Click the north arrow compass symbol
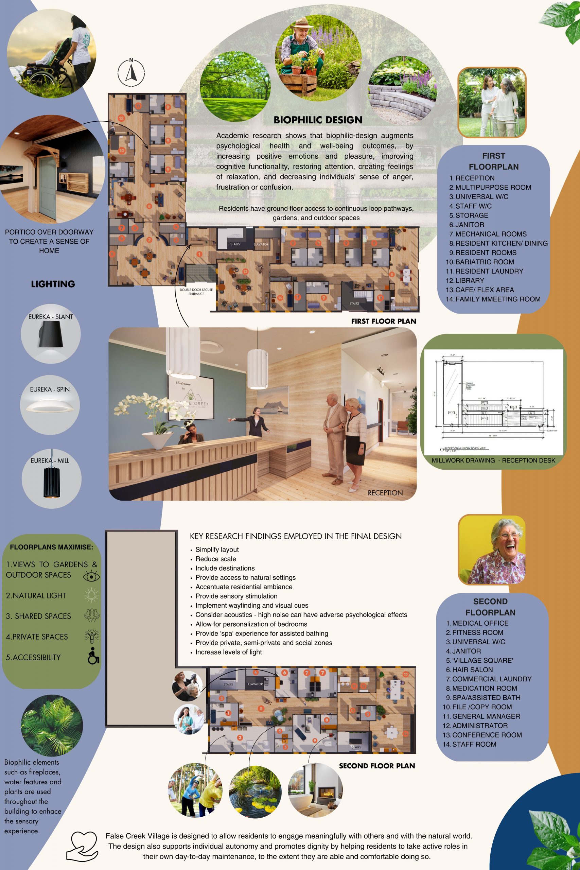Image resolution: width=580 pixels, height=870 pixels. point(131,72)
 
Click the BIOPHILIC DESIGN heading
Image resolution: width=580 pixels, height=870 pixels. point(318,120)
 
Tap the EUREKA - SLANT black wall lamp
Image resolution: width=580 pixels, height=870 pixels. point(51,334)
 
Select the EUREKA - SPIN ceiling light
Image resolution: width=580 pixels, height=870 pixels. point(50,407)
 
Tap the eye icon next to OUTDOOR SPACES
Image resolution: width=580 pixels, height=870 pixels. point(91,576)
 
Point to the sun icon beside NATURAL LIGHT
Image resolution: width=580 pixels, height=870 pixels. point(91,595)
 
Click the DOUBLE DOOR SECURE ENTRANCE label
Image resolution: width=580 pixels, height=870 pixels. point(196,292)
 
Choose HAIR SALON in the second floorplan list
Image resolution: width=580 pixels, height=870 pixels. point(472,669)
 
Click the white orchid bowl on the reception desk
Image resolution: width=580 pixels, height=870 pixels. point(157,440)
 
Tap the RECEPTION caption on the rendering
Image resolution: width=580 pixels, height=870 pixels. point(385,493)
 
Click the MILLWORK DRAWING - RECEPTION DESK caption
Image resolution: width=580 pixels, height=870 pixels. point(493,460)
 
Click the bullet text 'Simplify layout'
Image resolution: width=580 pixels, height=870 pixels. point(217,550)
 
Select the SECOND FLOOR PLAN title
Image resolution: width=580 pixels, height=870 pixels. point(376,766)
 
